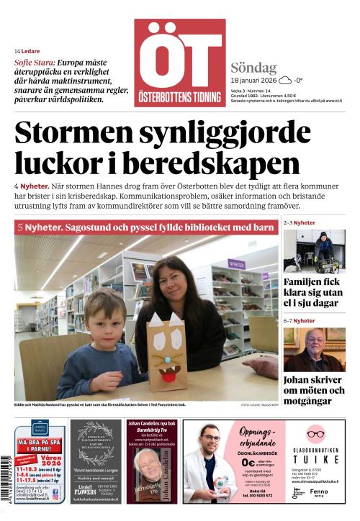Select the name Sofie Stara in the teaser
pyautogui.click(x=33, y=63)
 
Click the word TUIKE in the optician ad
pyautogui.click(x=315, y=459)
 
